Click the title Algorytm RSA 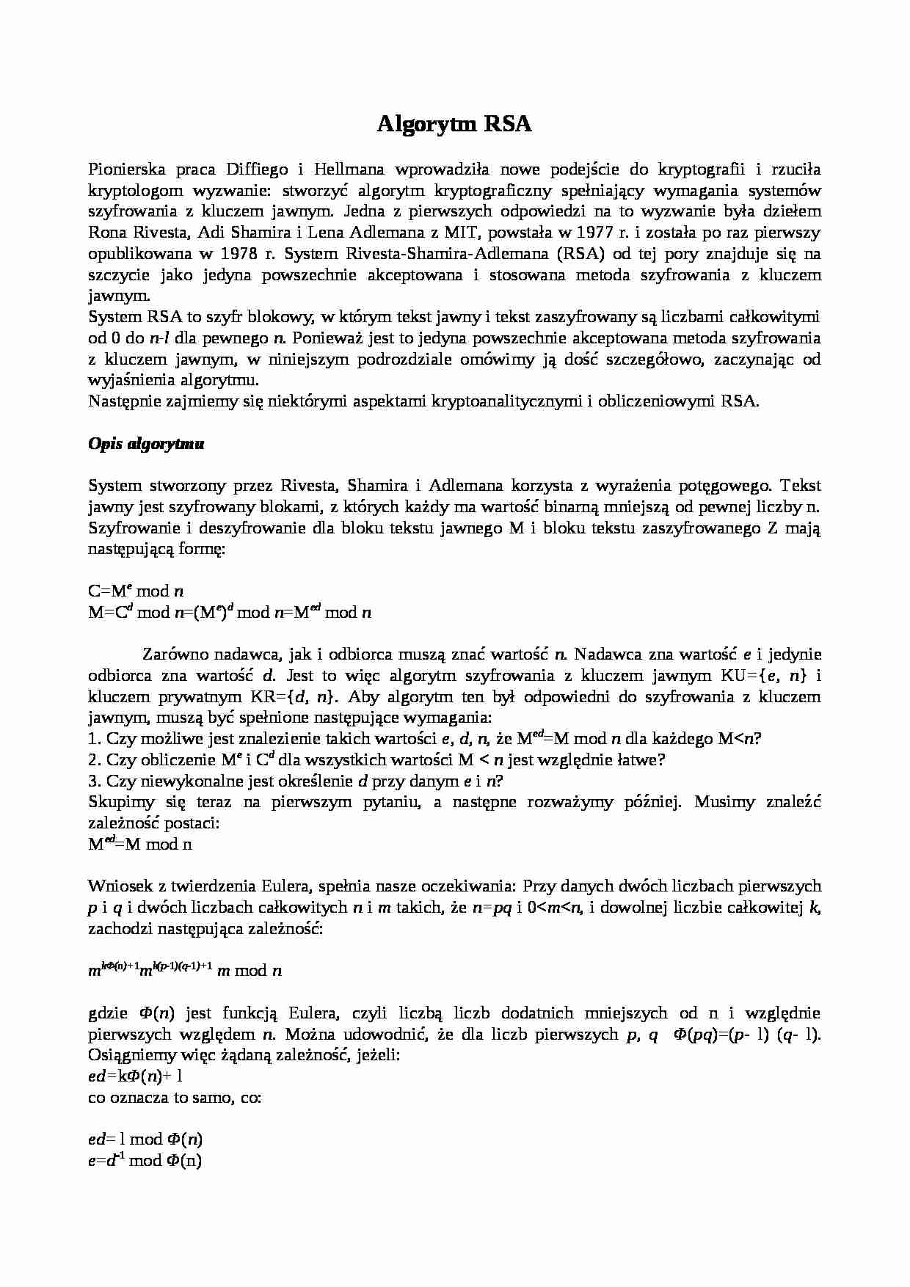tap(454, 124)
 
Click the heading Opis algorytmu tap(146, 444)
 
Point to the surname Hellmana tap(349, 169)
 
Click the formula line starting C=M tap(136, 591)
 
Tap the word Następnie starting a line tap(120, 401)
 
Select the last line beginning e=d tap(145, 1161)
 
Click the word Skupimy tap(116, 802)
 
